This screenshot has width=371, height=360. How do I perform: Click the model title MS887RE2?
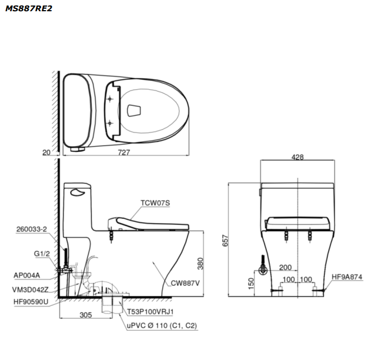28,8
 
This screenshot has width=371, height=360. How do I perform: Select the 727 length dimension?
124,152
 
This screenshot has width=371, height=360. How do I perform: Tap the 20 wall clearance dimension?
46,152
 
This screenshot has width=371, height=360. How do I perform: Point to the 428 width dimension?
297,157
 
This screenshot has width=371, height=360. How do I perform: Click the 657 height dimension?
225,240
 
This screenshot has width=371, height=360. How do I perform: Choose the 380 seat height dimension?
200,264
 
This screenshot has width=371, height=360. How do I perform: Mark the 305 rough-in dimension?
86,315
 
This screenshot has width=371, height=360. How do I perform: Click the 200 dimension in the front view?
285,267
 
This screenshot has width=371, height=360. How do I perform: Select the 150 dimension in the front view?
251,283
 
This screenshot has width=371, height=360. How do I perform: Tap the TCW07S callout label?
155,203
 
